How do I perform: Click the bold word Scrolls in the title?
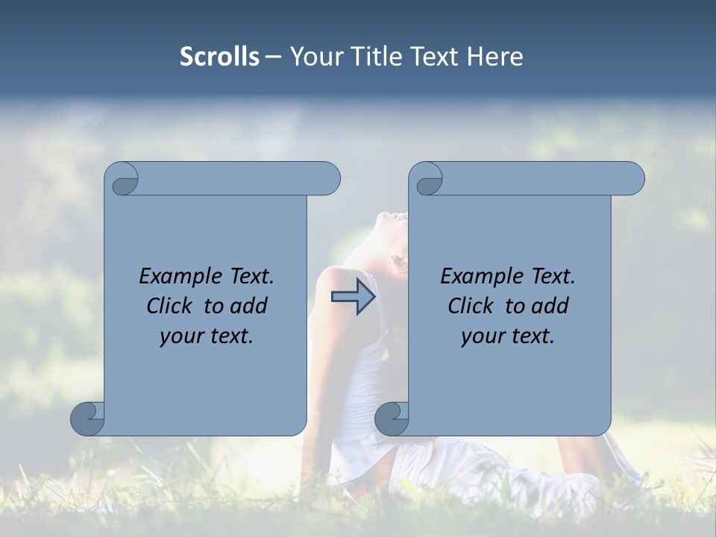pos(219,57)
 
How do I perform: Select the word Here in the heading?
pos(494,57)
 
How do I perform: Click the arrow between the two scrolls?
pos(354,297)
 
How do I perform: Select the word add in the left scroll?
pos(248,306)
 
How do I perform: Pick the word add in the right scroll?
pos(550,306)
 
